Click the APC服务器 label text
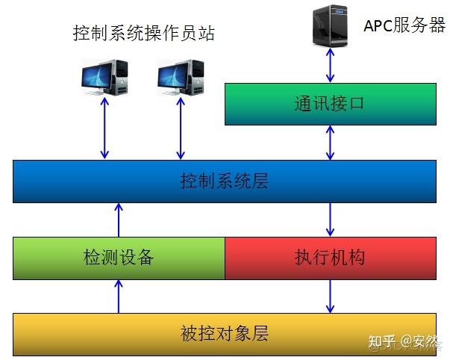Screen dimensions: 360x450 (404, 25)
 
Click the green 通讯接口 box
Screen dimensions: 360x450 (331, 104)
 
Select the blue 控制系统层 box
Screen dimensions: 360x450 (225, 181)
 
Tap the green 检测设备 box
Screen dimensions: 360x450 (119, 258)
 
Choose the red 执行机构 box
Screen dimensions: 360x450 (331, 258)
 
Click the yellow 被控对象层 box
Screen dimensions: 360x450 (225, 333)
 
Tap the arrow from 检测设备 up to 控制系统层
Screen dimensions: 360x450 (119, 220)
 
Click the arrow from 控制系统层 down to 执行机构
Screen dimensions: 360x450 (331, 220)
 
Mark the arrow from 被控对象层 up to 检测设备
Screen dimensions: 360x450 (119, 297)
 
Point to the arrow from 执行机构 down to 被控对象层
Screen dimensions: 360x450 (331, 297)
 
